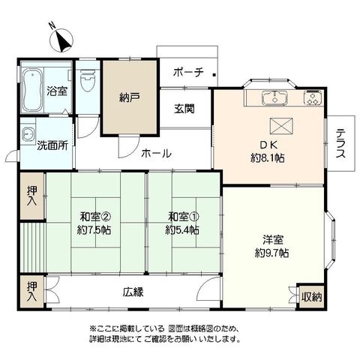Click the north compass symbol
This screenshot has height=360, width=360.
pos(61,40)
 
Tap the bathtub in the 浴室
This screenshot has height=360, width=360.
pos(32,90)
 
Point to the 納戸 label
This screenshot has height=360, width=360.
pos(130,97)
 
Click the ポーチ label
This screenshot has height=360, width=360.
pos(188,73)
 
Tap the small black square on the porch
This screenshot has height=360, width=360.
pos(214,74)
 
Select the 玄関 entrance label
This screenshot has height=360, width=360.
pos(184,109)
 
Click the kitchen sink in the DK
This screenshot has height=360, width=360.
pos(274,97)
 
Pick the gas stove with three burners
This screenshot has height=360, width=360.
pos(313,97)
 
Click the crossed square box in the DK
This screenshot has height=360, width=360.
pos(281,126)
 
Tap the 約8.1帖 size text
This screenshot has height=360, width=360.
pos(268,158)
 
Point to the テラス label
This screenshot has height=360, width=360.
pos(340,143)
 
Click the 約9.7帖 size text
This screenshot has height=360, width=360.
pos(272,253)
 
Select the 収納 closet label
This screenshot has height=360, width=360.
pos(311,297)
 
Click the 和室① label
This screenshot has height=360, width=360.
pos(184,217)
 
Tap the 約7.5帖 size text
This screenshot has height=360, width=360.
pos(94,229)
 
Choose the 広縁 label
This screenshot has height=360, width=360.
pos(133,292)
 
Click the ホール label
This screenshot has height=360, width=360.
pos(157,153)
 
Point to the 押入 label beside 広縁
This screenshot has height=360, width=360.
pos(32,291)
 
